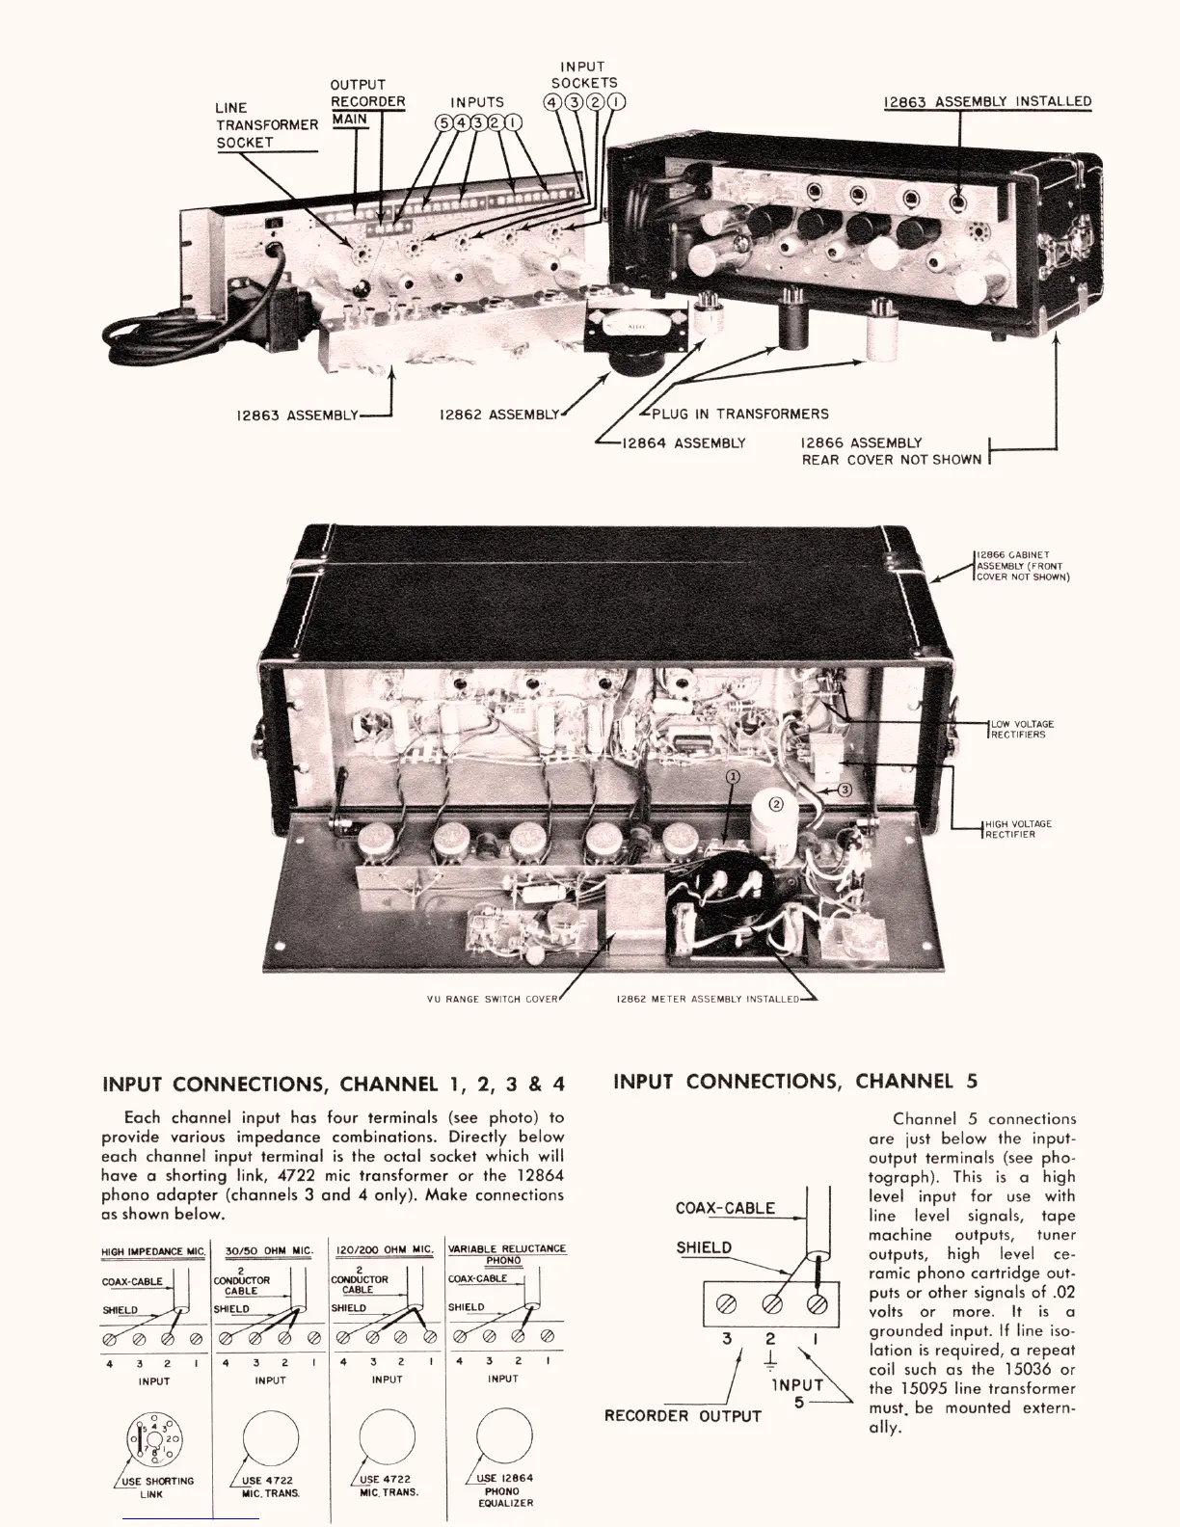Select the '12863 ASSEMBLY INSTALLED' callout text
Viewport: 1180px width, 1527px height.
pos(988,101)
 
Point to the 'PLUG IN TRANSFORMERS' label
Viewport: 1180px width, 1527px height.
pos(739,414)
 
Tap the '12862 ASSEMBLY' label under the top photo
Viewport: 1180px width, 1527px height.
pos(498,415)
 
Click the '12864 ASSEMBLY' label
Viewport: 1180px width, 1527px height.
pos(684,442)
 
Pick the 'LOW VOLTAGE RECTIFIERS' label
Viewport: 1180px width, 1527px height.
pos(1023,729)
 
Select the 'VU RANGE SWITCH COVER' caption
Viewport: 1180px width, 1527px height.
pos(492,999)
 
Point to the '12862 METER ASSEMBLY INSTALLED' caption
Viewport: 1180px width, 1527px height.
pos(708,999)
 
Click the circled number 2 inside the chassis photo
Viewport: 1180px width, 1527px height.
pos(777,802)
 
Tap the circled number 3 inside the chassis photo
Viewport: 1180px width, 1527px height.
pos(845,790)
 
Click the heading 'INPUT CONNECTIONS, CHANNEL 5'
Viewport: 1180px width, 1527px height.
pos(795,1082)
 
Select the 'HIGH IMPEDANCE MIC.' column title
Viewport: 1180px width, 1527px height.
pos(153,1251)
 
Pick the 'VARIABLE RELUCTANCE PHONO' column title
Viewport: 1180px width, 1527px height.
pos(507,1253)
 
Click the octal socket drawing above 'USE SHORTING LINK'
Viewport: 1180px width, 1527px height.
pos(154,1440)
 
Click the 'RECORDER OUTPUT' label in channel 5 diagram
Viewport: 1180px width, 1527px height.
pos(682,1415)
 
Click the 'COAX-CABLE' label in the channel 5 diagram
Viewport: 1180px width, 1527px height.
pos(725,1208)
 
